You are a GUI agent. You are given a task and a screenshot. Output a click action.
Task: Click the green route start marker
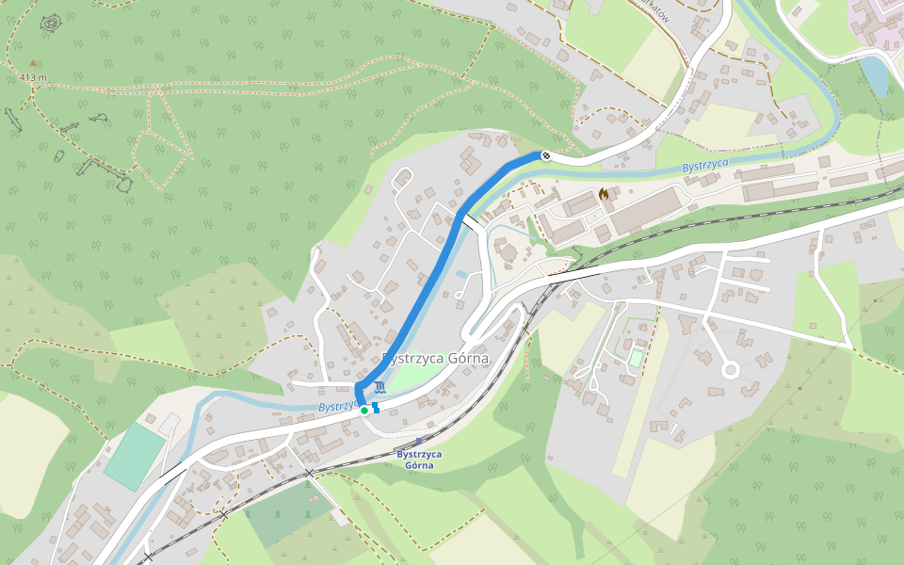pos(364,411)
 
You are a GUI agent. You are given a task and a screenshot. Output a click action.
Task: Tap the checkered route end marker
pos(545,155)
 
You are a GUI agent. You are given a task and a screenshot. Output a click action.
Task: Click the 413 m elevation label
pos(32,77)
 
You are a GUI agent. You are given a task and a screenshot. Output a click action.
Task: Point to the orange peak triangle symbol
pos(34,63)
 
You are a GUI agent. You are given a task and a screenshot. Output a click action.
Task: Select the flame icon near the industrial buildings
pos(603,193)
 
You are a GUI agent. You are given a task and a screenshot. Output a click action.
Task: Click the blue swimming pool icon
pos(379,388)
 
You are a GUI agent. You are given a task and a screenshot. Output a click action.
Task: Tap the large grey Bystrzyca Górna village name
pos(436,359)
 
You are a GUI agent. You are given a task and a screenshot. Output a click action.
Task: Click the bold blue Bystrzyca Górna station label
pos(418,460)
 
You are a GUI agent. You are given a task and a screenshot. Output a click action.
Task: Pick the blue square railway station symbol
pos(419,441)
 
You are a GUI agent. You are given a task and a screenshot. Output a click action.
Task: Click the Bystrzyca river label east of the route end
pos(705,165)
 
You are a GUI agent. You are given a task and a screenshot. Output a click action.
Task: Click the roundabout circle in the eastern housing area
pos(730,370)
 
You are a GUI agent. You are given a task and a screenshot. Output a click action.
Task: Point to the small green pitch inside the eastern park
pos(637,359)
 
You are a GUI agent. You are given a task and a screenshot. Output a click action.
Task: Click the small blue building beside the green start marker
pos(377,408)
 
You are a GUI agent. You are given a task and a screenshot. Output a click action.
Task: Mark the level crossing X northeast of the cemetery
pos(310,472)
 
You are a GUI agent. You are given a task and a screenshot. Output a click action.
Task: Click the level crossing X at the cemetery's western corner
pos(224,515)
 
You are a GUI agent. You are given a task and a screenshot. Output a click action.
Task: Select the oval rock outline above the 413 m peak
pos(51,22)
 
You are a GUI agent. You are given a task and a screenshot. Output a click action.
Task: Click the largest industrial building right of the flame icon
pos(646,210)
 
